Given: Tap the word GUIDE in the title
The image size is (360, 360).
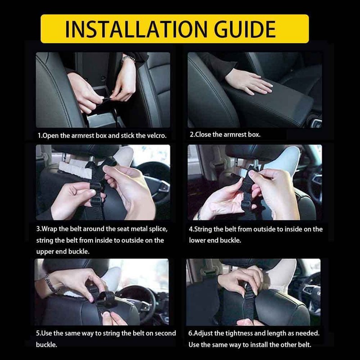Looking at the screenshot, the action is [x=245, y=29].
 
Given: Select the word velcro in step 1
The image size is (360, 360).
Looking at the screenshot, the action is [x=156, y=135].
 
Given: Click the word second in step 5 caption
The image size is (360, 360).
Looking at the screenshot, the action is [x=165, y=333].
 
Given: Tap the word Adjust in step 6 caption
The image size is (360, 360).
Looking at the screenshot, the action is [x=203, y=333].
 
